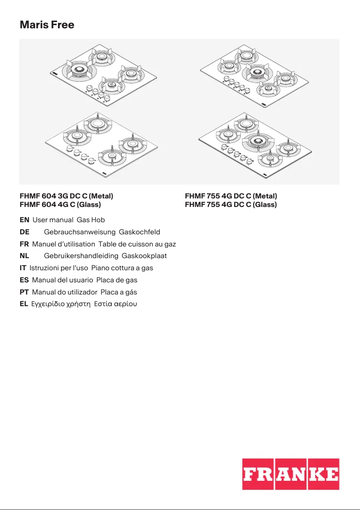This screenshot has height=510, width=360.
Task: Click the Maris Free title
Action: [47, 25]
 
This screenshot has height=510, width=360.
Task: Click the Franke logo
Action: [290, 474]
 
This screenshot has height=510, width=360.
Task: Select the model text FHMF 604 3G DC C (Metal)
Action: [66, 196]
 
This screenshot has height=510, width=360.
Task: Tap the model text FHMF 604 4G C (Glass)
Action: [61, 205]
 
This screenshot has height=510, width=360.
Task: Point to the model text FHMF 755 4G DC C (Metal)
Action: [231, 196]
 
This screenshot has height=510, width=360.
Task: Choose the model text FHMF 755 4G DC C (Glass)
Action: [231, 205]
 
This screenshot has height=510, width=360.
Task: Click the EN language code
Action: [25, 220]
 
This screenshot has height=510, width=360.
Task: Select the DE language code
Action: [25, 232]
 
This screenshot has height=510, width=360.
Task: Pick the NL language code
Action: [25, 256]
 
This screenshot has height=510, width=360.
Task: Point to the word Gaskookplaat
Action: [144, 256]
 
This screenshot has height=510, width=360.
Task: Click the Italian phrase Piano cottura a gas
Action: [122, 268]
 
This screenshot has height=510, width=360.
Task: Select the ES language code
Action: [25, 280]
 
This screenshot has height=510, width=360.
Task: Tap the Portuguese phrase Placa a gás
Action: [119, 292]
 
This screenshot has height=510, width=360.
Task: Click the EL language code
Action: [24, 304]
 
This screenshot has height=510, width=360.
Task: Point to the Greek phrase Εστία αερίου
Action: [114, 304]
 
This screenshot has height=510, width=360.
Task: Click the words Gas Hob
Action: [91, 220]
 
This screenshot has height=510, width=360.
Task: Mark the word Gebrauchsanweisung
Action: [80, 232]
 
